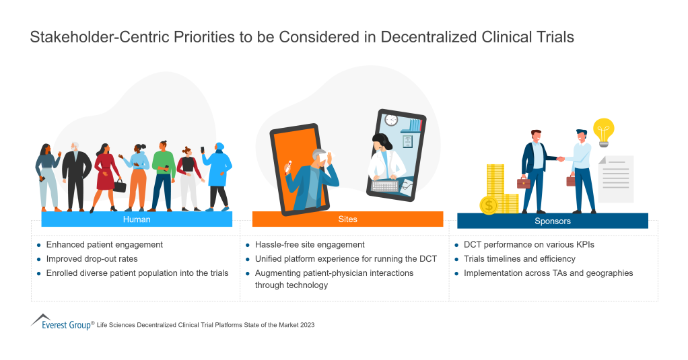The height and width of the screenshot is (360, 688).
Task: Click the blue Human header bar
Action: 137,219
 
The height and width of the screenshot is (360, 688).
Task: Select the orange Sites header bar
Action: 347,219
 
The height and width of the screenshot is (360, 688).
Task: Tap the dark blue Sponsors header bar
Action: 552,221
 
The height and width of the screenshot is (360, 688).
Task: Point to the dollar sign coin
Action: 489,205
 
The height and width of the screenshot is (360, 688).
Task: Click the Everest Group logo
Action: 61,322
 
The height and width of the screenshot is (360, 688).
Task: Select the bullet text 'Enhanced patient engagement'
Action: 104,245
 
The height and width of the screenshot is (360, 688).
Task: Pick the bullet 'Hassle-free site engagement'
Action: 310,245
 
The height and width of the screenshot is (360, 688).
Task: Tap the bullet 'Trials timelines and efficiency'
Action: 520,259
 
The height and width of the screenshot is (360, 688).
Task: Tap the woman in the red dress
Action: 106,173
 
